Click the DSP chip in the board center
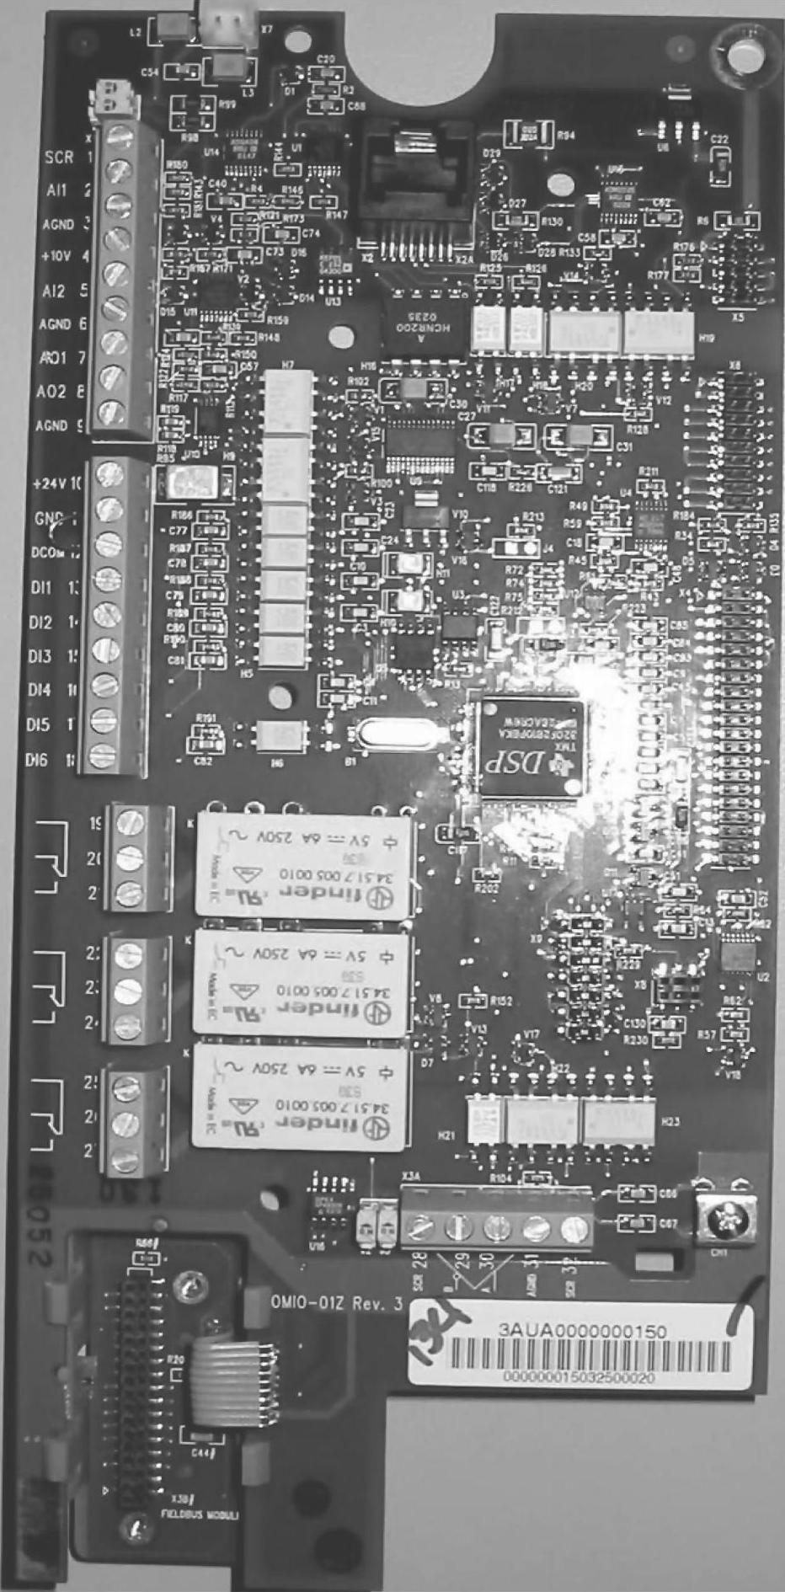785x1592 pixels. [530, 746]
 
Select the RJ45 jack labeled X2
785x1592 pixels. [414, 193]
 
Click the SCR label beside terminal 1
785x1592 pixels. [59, 158]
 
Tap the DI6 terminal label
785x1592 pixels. [37, 760]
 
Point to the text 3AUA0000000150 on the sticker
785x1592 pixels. [583, 1331]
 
